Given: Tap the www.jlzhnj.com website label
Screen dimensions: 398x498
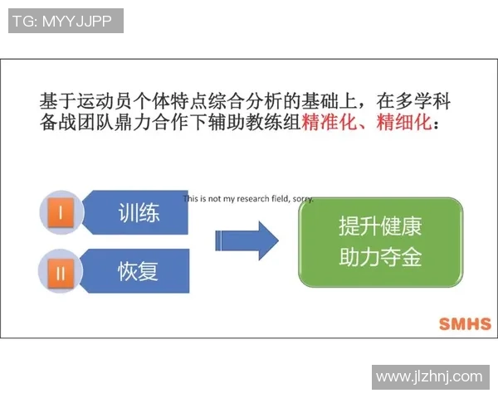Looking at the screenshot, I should point(428,376).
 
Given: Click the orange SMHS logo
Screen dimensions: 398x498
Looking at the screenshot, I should point(463,323).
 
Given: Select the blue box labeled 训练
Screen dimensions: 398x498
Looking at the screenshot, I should point(138,213).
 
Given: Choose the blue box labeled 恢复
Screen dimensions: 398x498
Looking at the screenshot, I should point(138,270).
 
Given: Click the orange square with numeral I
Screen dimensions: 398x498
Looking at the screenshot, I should point(60,213).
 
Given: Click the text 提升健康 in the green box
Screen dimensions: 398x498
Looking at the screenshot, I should point(380,226).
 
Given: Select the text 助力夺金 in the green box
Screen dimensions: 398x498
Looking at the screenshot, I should point(380,258).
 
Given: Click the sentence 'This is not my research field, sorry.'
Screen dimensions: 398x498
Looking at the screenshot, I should point(248,199).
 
